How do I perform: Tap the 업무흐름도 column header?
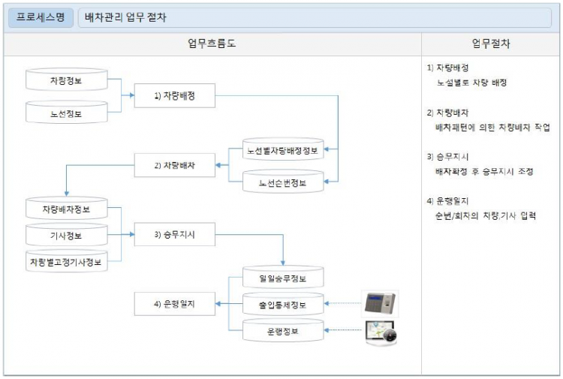click(x=212, y=44)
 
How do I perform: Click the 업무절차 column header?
click(x=492, y=44)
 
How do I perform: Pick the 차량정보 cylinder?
click(x=67, y=79)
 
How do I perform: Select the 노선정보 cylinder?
click(x=67, y=113)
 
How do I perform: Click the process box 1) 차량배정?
click(x=175, y=95)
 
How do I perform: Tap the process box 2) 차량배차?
click(x=175, y=164)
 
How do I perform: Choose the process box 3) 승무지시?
click(x=175, y=234)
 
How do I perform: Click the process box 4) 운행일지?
click(x=175, y=304)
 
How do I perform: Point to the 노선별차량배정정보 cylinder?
click(x=282, y=149)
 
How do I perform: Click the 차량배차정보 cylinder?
click(x=67, y=208)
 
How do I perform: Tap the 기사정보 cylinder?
click(x=67, y=235)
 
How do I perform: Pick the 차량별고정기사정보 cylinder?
click(x=67, y=262)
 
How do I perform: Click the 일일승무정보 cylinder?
click(x=282, y=279)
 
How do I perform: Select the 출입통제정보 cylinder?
click(x=282, y=304)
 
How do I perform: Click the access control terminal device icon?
click(x=380, y=303)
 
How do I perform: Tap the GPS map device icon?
click(x=381, y=332)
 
